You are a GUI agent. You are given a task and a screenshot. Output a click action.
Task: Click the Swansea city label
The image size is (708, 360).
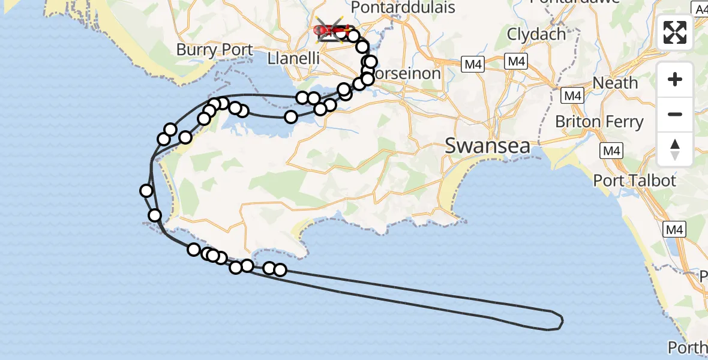[488, 146]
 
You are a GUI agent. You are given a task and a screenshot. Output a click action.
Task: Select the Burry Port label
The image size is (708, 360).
[215, 49]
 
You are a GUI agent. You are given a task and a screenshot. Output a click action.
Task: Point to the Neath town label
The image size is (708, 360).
[615, 83]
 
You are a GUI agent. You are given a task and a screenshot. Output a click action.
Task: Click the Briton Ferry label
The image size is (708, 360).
[599, 122]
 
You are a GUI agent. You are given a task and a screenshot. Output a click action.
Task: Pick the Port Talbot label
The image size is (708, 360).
[634, 180]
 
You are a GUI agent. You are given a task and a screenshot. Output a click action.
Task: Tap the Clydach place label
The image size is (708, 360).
[536, 34]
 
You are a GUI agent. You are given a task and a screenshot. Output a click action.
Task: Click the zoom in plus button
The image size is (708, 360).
[675, 79]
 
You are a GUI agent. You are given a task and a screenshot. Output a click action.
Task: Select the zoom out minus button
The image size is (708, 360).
[675, 114]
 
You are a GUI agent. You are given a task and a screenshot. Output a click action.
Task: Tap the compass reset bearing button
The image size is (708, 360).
[675, 148]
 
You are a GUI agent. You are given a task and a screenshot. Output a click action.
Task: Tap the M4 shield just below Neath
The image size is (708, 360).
[573, 95]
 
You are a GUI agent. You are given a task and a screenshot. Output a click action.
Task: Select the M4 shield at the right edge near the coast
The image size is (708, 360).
[674, 229]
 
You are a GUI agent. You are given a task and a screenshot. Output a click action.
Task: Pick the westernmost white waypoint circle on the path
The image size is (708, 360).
[146, 191]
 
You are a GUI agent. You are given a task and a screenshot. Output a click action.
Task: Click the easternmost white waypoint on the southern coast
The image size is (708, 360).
[280, 270]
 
